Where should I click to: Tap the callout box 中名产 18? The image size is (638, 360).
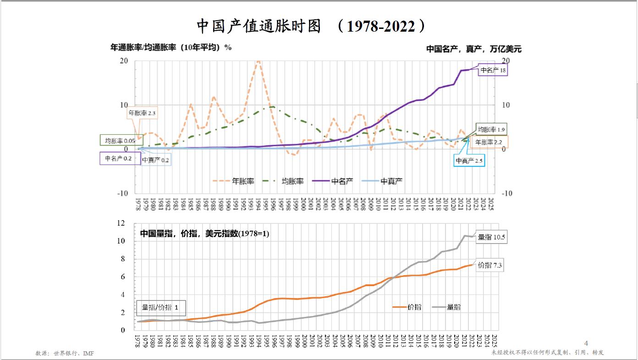tap(493, 70)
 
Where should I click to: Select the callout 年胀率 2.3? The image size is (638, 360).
tap(142, 113)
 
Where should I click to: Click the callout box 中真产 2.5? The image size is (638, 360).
tap(469, 161)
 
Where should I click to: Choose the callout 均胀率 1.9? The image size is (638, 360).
tap(491, 130)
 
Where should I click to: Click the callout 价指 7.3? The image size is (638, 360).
tap(489, 265)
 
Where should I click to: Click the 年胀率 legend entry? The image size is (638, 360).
tap(234, 181)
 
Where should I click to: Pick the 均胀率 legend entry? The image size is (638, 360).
tap(284, 181)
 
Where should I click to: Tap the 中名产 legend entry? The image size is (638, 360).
tap(334, 181)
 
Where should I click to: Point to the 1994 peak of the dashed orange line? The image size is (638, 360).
tap(258, 60)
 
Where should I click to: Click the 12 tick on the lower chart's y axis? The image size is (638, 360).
tap(121, 223)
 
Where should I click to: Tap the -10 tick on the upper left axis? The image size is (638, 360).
tap(122, 193)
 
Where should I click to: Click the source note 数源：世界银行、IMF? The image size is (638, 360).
tap(65, 353)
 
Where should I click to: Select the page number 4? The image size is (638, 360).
tap(586, 343)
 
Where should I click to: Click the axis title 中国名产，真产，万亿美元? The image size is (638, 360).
tap(474, 49)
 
